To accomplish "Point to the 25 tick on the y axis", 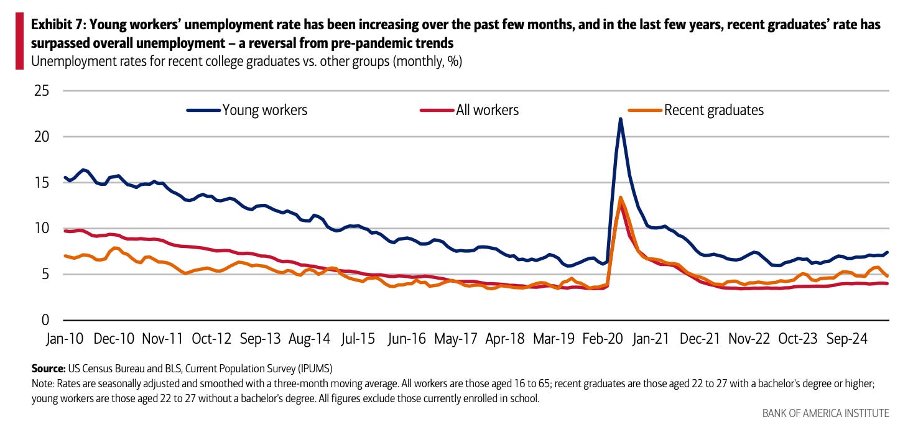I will pyautogui.click(x=40, y=91).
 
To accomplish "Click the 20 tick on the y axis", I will pyautogui.click(x=40, y=137).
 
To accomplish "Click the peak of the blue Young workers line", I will pyautogui.click(x=620, y=119).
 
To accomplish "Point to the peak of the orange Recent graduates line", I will pyautogui.click(x=621, y=198).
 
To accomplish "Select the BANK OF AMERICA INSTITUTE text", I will pyautogui.click(x=825, y=413).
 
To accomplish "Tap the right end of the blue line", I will pyautogui.click(x=887, y=252).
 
